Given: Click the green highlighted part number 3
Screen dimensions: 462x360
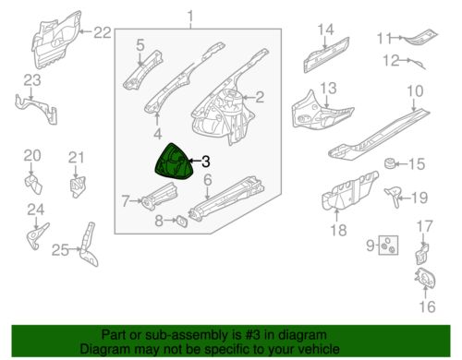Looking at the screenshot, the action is click(x=174, y=162).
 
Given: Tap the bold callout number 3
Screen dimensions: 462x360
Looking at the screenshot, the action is click(x=205, y=162).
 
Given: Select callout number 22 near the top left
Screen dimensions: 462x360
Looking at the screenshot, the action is click(x=102, y=32).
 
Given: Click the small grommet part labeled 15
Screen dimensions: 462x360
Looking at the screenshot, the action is click(x=390, y=163).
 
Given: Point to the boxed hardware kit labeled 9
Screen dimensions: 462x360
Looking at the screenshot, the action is click(x=388, y=246).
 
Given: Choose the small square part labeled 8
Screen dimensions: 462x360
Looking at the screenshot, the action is click(x=181, y=221).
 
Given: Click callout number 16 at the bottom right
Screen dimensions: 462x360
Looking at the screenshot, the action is click(x=427, y=306).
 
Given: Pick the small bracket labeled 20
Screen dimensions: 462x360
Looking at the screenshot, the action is click(x=33, y=184).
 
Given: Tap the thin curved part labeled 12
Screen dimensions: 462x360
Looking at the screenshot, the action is click(x=419, y=64).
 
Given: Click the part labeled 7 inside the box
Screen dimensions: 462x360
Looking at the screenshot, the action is click(x=159, y=197).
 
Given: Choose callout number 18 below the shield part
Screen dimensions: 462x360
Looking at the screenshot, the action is click(x=338, y=230).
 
